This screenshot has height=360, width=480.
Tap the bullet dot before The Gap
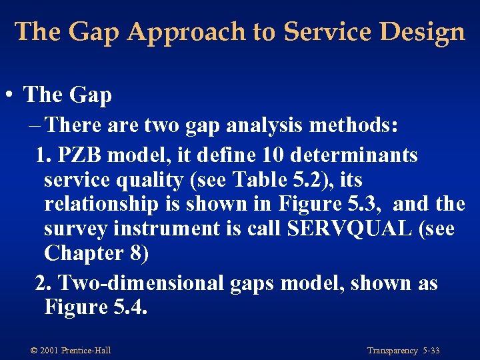pos(9,95)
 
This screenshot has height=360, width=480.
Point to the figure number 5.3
pos(363,205)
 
